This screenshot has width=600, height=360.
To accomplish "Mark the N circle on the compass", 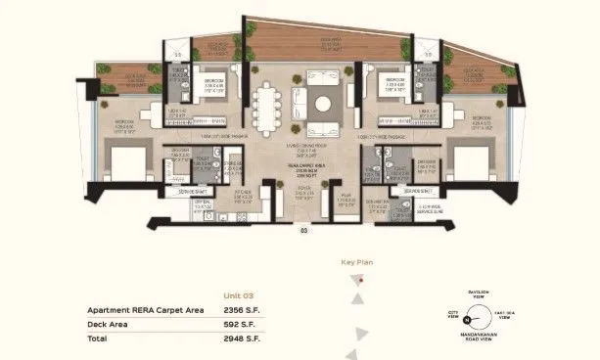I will pos(468,318).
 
